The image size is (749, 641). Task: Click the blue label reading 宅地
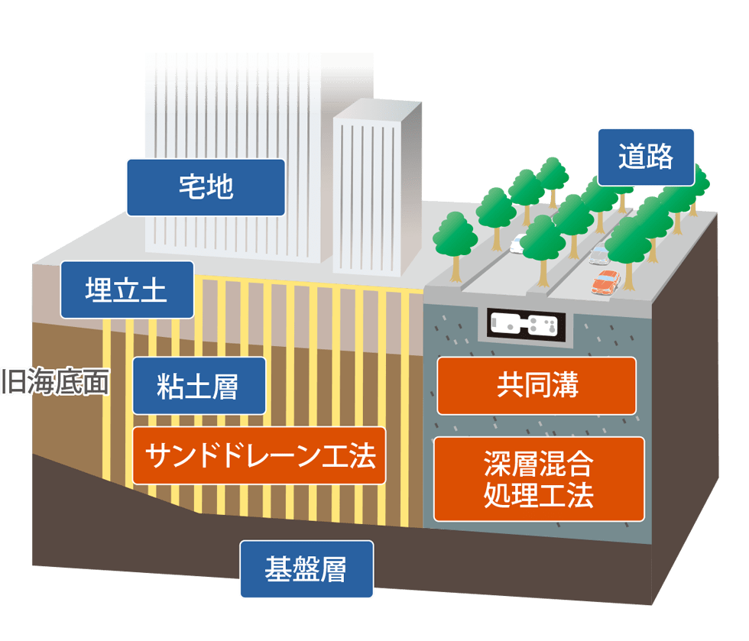click(x=206, y=187)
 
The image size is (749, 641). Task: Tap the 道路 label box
click(x=646, y=157)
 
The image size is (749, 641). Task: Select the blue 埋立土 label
click(x=127, y=290)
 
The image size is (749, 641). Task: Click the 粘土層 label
click(x=199, y=387)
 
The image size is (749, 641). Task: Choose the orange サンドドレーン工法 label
click(x=259, y=456)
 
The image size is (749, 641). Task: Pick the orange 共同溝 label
click(x=537, y=386)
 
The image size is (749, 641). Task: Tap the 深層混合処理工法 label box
click(x=539, y=479)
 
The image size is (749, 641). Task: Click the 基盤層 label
click(x=306, y=569)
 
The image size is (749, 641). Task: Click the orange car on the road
click(x=606, y=281)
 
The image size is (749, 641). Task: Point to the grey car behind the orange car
click(x=598, y=254)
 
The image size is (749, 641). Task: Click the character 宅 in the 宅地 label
click(x=191, y=187)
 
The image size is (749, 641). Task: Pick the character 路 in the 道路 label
click(x=660, y=157)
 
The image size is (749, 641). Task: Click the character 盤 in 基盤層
click(x=306, y=569)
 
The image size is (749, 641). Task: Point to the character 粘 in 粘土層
click(x=170, y=387)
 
